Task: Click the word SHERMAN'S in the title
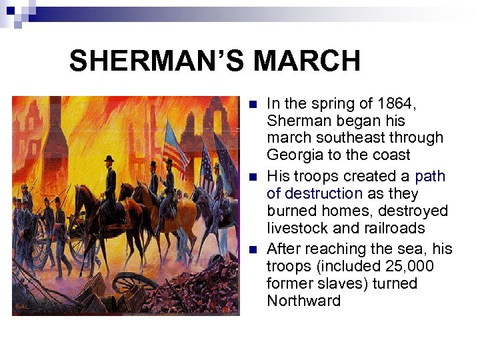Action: [x=157, y=61]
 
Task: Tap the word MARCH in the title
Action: [x=307, y=61]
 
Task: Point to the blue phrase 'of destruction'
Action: [x=315, y=193]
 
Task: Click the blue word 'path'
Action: [x=430, y=176]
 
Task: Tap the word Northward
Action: [x=303, y=301]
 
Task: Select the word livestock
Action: [x=297, y=228]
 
